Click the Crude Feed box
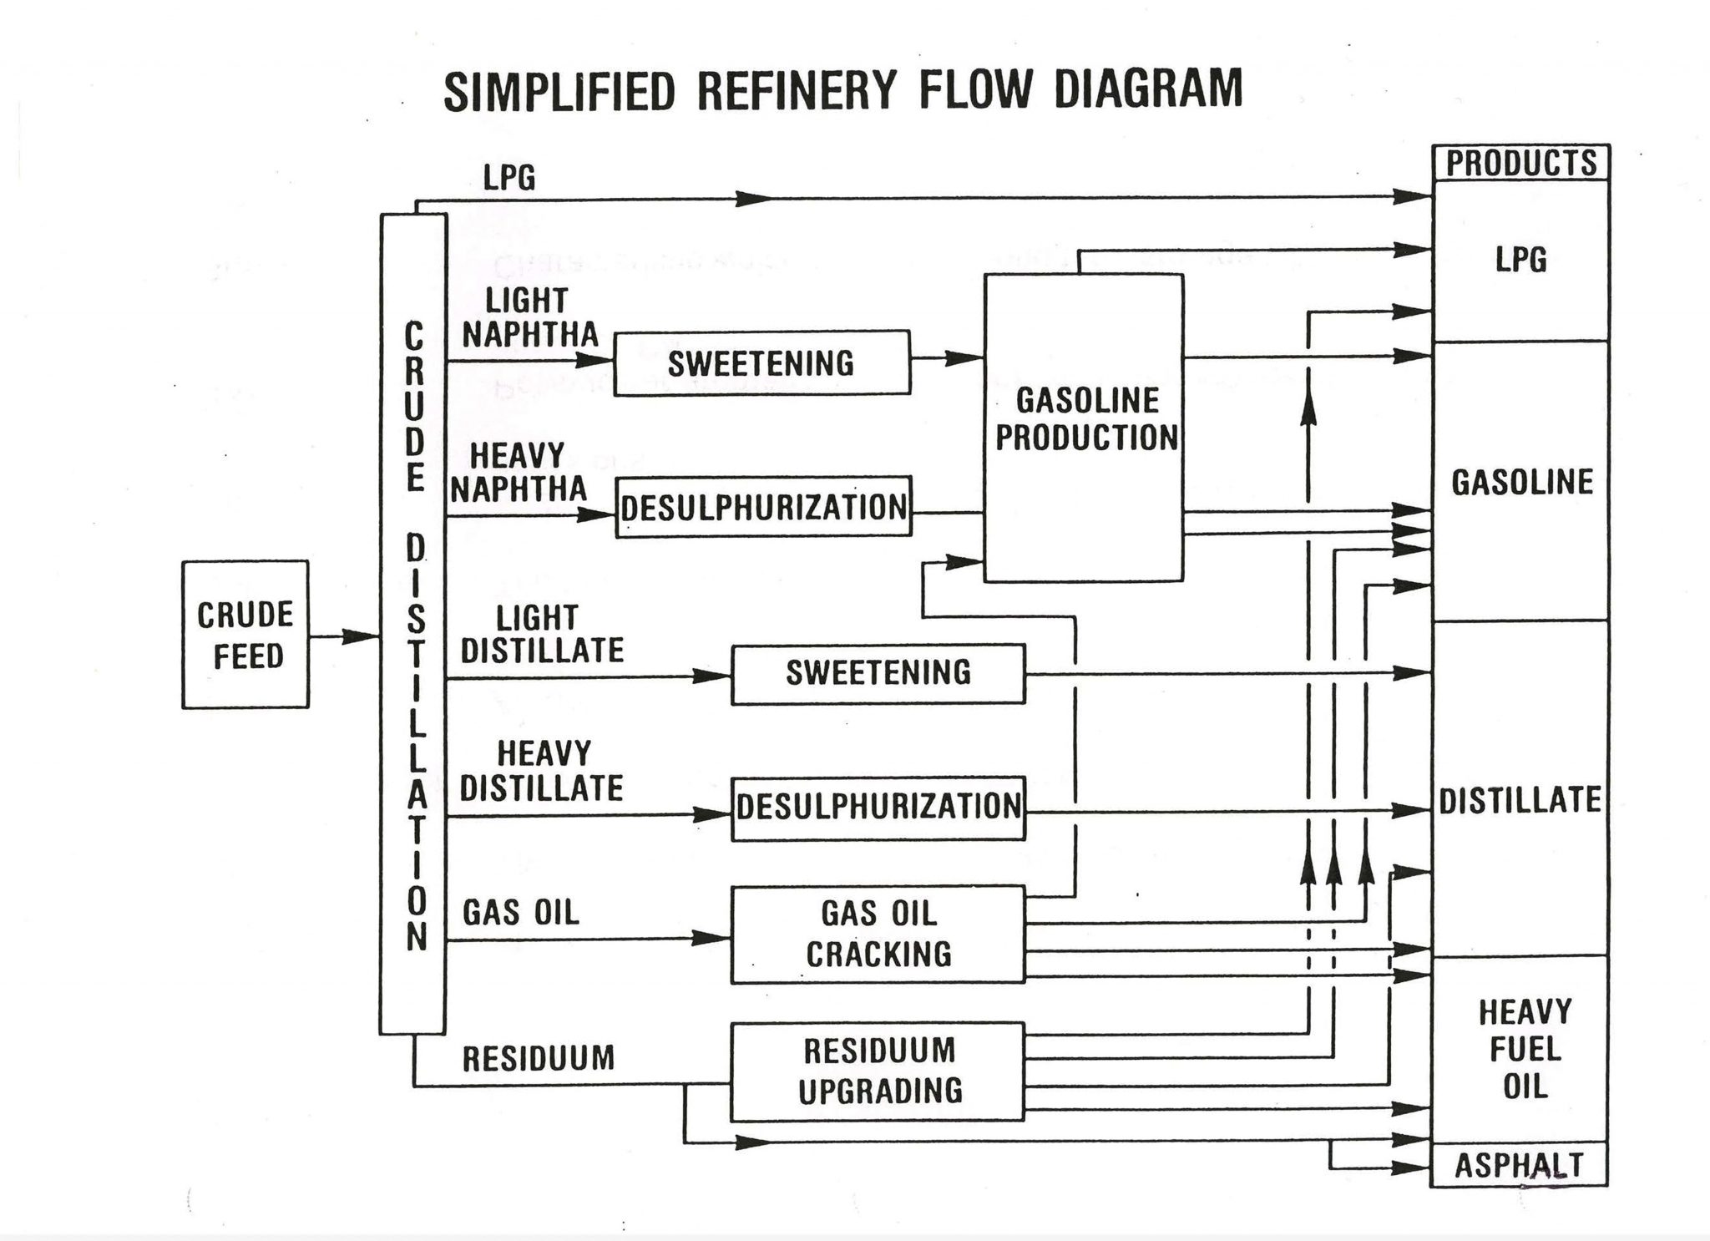(245, 635)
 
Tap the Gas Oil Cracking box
(878, 935)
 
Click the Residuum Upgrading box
(878, 1071)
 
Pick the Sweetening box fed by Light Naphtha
(761, 362)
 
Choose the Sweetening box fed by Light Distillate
(878, 673)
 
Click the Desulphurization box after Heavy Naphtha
(763, 507)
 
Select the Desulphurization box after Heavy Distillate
(878, 808)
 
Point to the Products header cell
(1520, 163)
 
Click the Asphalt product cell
(1519, 1164)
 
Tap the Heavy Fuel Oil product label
(1525, 1049)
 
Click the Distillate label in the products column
(1520, 800)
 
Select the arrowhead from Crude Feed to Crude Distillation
(362, 636)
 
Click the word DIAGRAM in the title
(1148, 89)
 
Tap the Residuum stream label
(539, 1059)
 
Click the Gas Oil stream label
(521, 912)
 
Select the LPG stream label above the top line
(509, 177)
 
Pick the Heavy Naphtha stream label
(519, 473)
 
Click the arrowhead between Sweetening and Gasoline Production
(965, 358)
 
